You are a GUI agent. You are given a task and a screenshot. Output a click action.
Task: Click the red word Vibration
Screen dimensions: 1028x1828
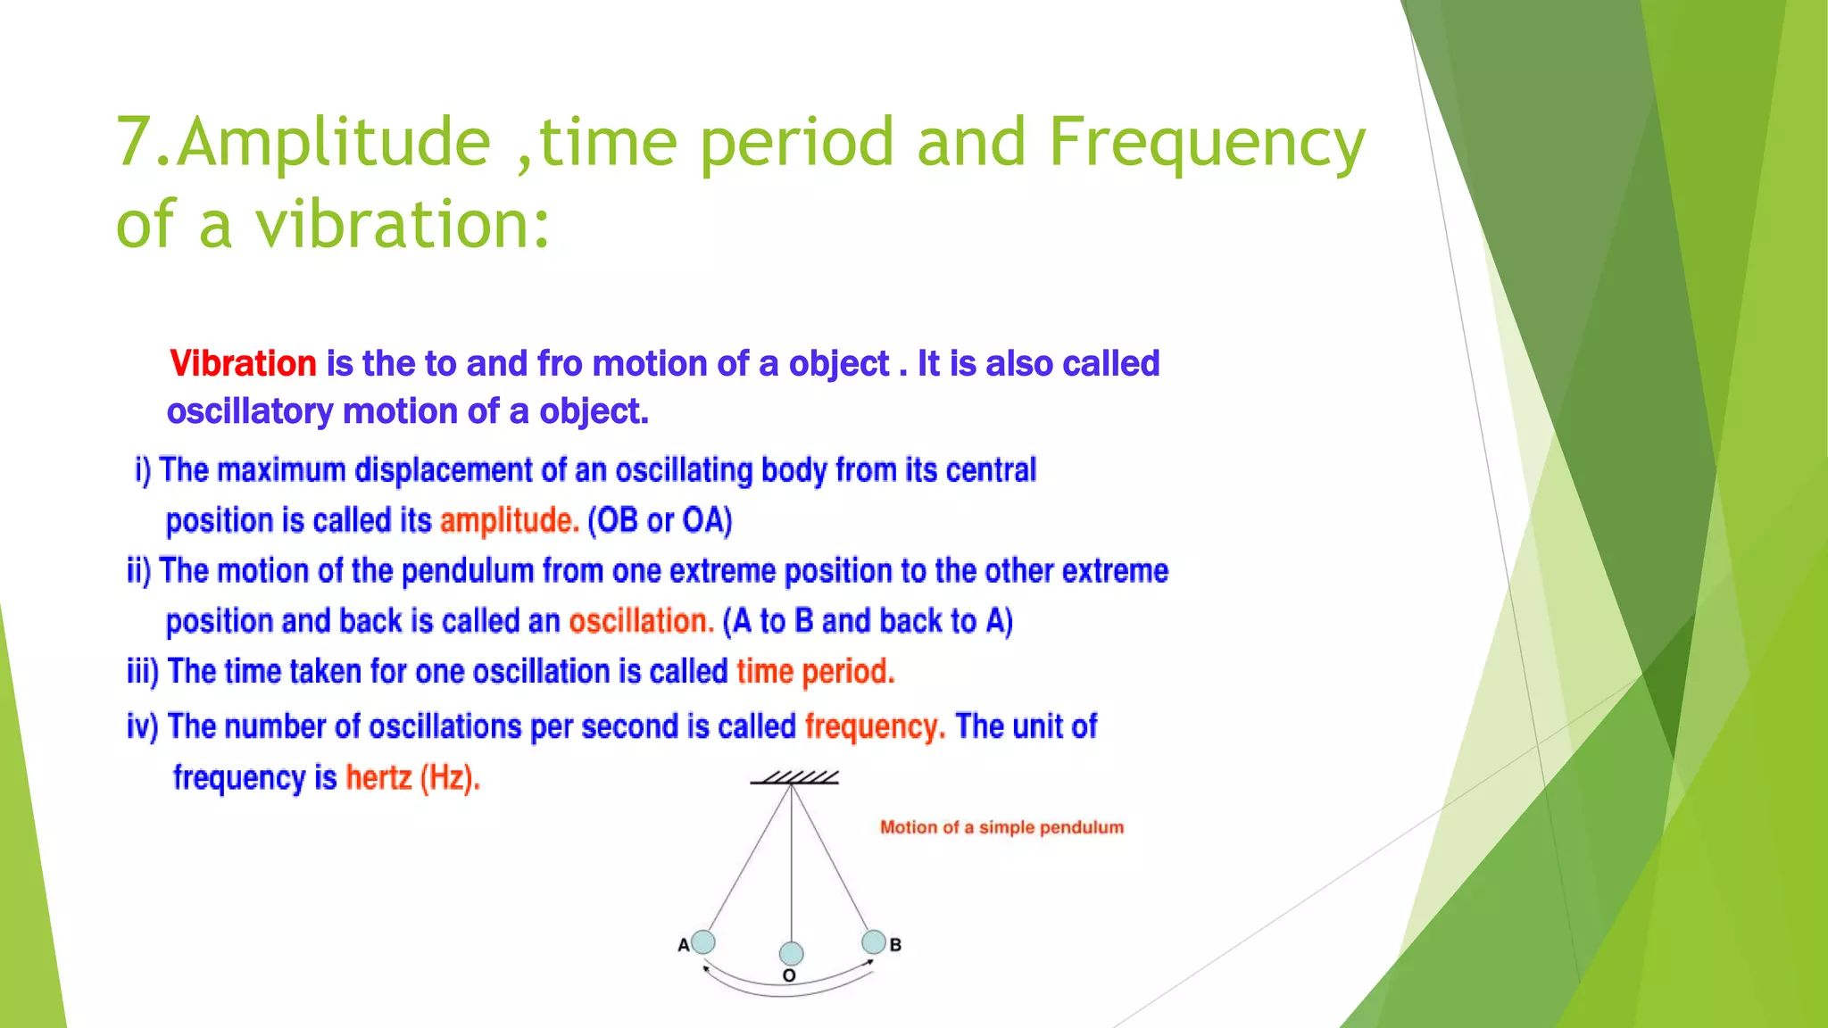(243, 364)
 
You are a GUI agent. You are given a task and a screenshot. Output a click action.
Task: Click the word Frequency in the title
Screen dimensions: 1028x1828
(1207, 143)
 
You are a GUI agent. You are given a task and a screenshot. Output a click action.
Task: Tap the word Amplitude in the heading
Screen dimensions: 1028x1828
(335, 143)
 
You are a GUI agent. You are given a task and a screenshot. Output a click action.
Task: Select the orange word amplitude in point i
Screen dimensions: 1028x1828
(509, 520)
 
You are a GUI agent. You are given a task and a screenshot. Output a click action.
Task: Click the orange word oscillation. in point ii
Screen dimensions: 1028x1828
(641, 621)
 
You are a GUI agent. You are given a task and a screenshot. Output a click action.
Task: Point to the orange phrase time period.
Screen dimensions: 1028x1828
(815, 672)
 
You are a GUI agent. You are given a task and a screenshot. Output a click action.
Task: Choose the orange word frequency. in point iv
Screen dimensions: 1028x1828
(875, 726)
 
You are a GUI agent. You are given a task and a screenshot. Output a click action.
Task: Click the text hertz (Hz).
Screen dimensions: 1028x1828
(412, 778)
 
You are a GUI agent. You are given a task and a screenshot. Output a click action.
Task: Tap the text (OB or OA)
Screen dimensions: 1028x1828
(660, 520)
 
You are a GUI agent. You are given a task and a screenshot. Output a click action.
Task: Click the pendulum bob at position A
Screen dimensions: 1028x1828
(703, 941)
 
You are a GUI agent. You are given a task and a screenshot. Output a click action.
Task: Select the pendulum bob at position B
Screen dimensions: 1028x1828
(874, 941)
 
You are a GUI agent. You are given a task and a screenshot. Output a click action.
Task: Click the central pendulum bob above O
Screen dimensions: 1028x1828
(791, 953)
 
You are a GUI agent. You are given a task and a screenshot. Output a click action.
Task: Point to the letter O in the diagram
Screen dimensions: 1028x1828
(789, 976)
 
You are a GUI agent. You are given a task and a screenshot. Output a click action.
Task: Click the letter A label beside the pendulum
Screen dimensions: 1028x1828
(684, 945)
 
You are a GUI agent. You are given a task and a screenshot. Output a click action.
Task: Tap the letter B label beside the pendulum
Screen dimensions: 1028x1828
(895, 945)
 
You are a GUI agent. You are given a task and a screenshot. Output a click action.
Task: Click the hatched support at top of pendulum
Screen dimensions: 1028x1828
(794, 778)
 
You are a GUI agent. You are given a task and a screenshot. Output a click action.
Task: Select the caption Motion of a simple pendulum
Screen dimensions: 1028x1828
(1001, 827)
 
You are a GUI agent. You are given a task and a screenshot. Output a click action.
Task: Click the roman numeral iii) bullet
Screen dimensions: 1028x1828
(143, 672)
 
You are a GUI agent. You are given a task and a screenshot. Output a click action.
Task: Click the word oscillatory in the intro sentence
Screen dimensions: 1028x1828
(249, 412)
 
